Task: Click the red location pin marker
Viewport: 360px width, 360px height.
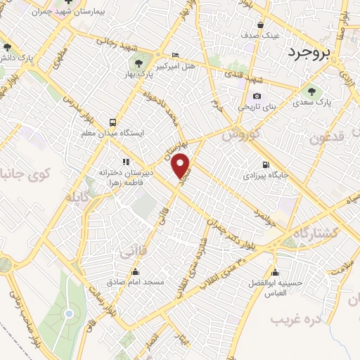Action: point(182,165)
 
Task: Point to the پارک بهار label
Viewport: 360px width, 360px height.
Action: point(143,72)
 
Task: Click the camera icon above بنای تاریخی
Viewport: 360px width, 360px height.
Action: point(257,96)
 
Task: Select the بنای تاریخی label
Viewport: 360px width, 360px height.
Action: point(255,107)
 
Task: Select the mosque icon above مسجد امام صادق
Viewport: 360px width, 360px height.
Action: point(135,271)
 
